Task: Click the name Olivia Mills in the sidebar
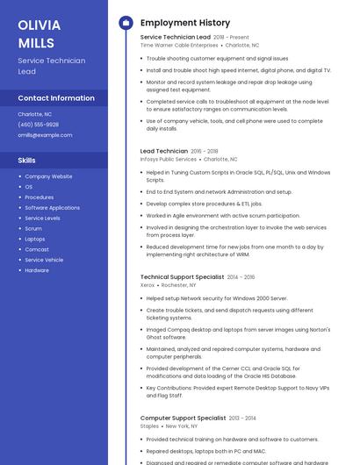click(40, 33)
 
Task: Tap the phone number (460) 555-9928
click(38, 125)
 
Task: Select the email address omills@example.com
click(45, 135)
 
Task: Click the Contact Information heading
click(56, 97)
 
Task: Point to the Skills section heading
click(27, 161)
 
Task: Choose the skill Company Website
click(48, 176)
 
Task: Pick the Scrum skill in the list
click(33, 228)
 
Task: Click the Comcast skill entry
click(37, 249)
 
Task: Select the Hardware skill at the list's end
click(37, 270)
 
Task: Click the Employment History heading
click(184, 23)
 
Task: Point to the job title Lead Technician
click(163, 151)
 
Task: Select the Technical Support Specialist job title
click(182, 276)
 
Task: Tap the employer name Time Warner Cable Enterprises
click(179, 45)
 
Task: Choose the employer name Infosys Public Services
click(169, 159)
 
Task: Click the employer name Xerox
click(148, 285)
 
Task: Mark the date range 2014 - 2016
click(241, 277)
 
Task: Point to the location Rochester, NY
click(179, 285)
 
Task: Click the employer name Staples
click(149, 426)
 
